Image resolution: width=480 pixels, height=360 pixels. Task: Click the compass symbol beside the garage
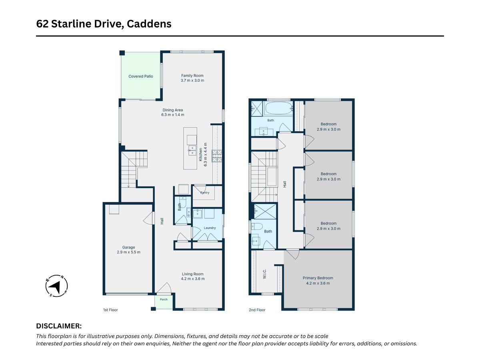tap(56, 286)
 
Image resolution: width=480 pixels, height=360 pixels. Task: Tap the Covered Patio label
tap(141, 76)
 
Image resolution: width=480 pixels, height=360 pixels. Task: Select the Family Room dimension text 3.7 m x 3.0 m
tap(192, 80)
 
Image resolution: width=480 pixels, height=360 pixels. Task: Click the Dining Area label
tap(172, 110)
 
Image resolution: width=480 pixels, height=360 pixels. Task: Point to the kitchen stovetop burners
tap(217, 156)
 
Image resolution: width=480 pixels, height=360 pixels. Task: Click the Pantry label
tap(205, 192)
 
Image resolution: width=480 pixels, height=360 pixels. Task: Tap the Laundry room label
tap(210, 228)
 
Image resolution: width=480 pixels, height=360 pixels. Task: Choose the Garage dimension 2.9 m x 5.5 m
tap(128, 252)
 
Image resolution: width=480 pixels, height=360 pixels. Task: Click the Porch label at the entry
tap(164, 300)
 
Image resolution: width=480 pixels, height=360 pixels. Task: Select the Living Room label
tap(193, 274)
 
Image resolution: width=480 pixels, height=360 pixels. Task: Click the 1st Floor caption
tap(110, 310)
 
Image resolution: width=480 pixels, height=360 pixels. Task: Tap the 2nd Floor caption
tap(257, 310)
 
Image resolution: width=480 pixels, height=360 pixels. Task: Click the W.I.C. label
tap(264, 274)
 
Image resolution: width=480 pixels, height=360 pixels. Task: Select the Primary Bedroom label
tap(318, 278)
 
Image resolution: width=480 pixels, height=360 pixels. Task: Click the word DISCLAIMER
tap(59, 326)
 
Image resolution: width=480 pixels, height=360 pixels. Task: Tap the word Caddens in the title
tap(149, 24)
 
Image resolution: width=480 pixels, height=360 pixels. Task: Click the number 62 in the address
tap(42, 24)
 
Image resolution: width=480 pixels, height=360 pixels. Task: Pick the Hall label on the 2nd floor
tap(284, 184)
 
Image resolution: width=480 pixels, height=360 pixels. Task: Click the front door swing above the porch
tap(164, 288)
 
